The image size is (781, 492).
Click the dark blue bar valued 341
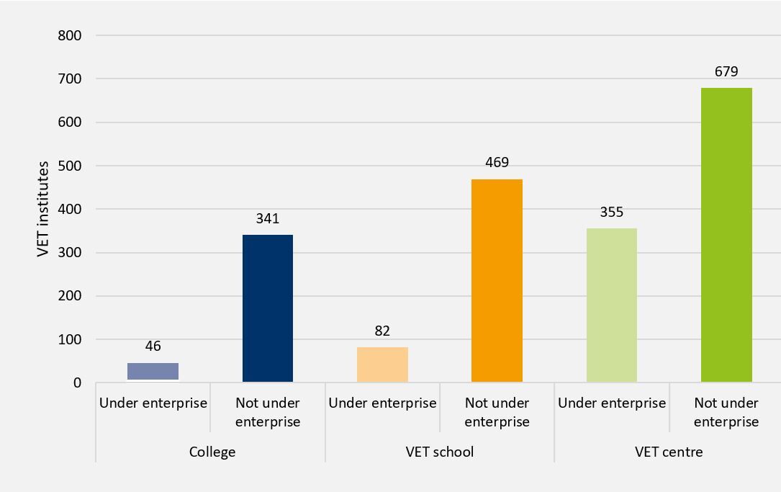[268, 308]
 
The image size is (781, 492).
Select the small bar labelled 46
[153, 372]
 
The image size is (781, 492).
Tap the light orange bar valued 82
[382, 364]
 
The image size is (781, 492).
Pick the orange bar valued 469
[497, 281]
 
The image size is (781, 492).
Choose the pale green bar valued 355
[612, 305]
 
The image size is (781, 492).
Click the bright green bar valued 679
[726, 235]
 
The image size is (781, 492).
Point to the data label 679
[726, 71]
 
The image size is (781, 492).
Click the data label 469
[497, 163]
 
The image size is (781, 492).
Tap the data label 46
[153, 346]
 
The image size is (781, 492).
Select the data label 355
[612, 212]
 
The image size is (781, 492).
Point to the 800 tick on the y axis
[69, 35]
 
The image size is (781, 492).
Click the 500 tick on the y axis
[69, 166]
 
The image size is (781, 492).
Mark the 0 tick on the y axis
[76, 383]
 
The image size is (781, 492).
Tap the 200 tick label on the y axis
[69, 296]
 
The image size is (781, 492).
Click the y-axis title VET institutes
[43, 209]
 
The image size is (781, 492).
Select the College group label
[212, 452]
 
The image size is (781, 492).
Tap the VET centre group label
[669, 452]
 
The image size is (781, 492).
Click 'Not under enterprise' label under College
[268, 412]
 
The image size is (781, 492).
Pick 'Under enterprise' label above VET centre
[612, 403]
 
